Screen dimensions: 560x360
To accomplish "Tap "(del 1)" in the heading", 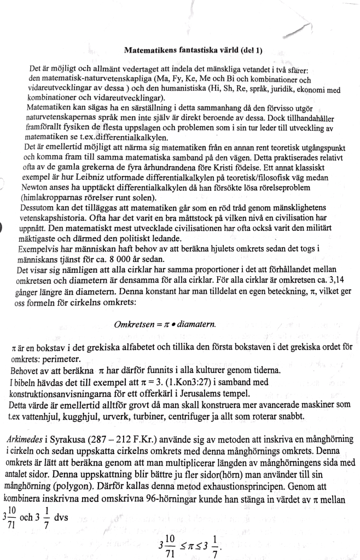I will [x=249, y=50].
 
